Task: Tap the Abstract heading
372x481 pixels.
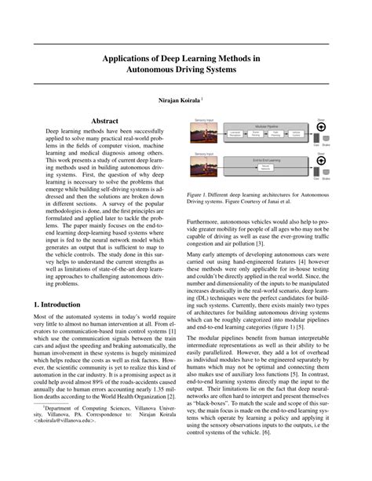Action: [x=105, y=122]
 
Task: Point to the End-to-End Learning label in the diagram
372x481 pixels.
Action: [x=264, y=159]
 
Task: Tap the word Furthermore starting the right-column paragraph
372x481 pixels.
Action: [x=208, y=222]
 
